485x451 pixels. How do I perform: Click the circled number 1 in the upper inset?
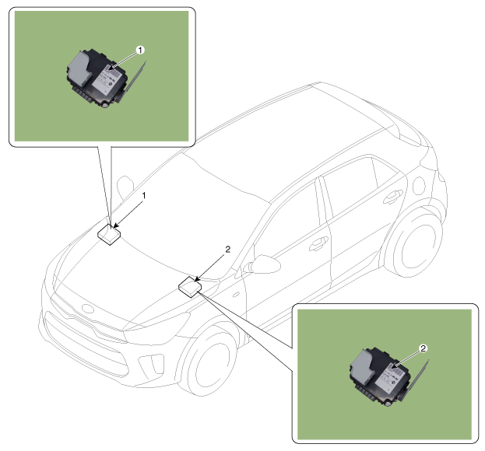point(140,50)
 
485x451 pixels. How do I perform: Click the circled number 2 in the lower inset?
point(423,348)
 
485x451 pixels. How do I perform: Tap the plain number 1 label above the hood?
point(144,195)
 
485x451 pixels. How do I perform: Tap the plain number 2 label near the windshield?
point(228,250)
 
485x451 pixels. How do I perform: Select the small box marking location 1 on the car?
point(109,235)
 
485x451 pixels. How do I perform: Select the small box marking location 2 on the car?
point(190,287)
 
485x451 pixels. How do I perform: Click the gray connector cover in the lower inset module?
point(362,365)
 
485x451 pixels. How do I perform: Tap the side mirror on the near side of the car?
point(264,264)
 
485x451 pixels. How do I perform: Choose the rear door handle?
point(393,197)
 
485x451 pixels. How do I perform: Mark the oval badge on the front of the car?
point(87,309)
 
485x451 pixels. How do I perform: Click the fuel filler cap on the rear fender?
point(420,186)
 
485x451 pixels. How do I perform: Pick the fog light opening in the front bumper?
point(152,364)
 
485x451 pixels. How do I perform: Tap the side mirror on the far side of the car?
point(125,187)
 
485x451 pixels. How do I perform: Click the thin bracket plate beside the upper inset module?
point(132,81)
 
